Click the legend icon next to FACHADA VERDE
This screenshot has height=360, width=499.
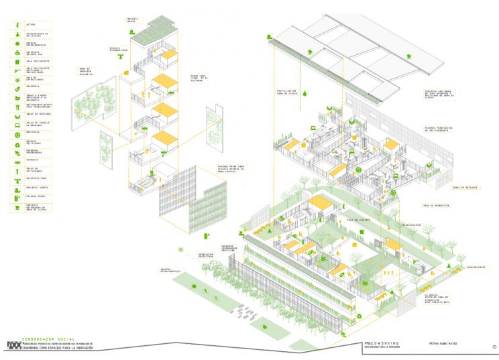pos(15,197)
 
